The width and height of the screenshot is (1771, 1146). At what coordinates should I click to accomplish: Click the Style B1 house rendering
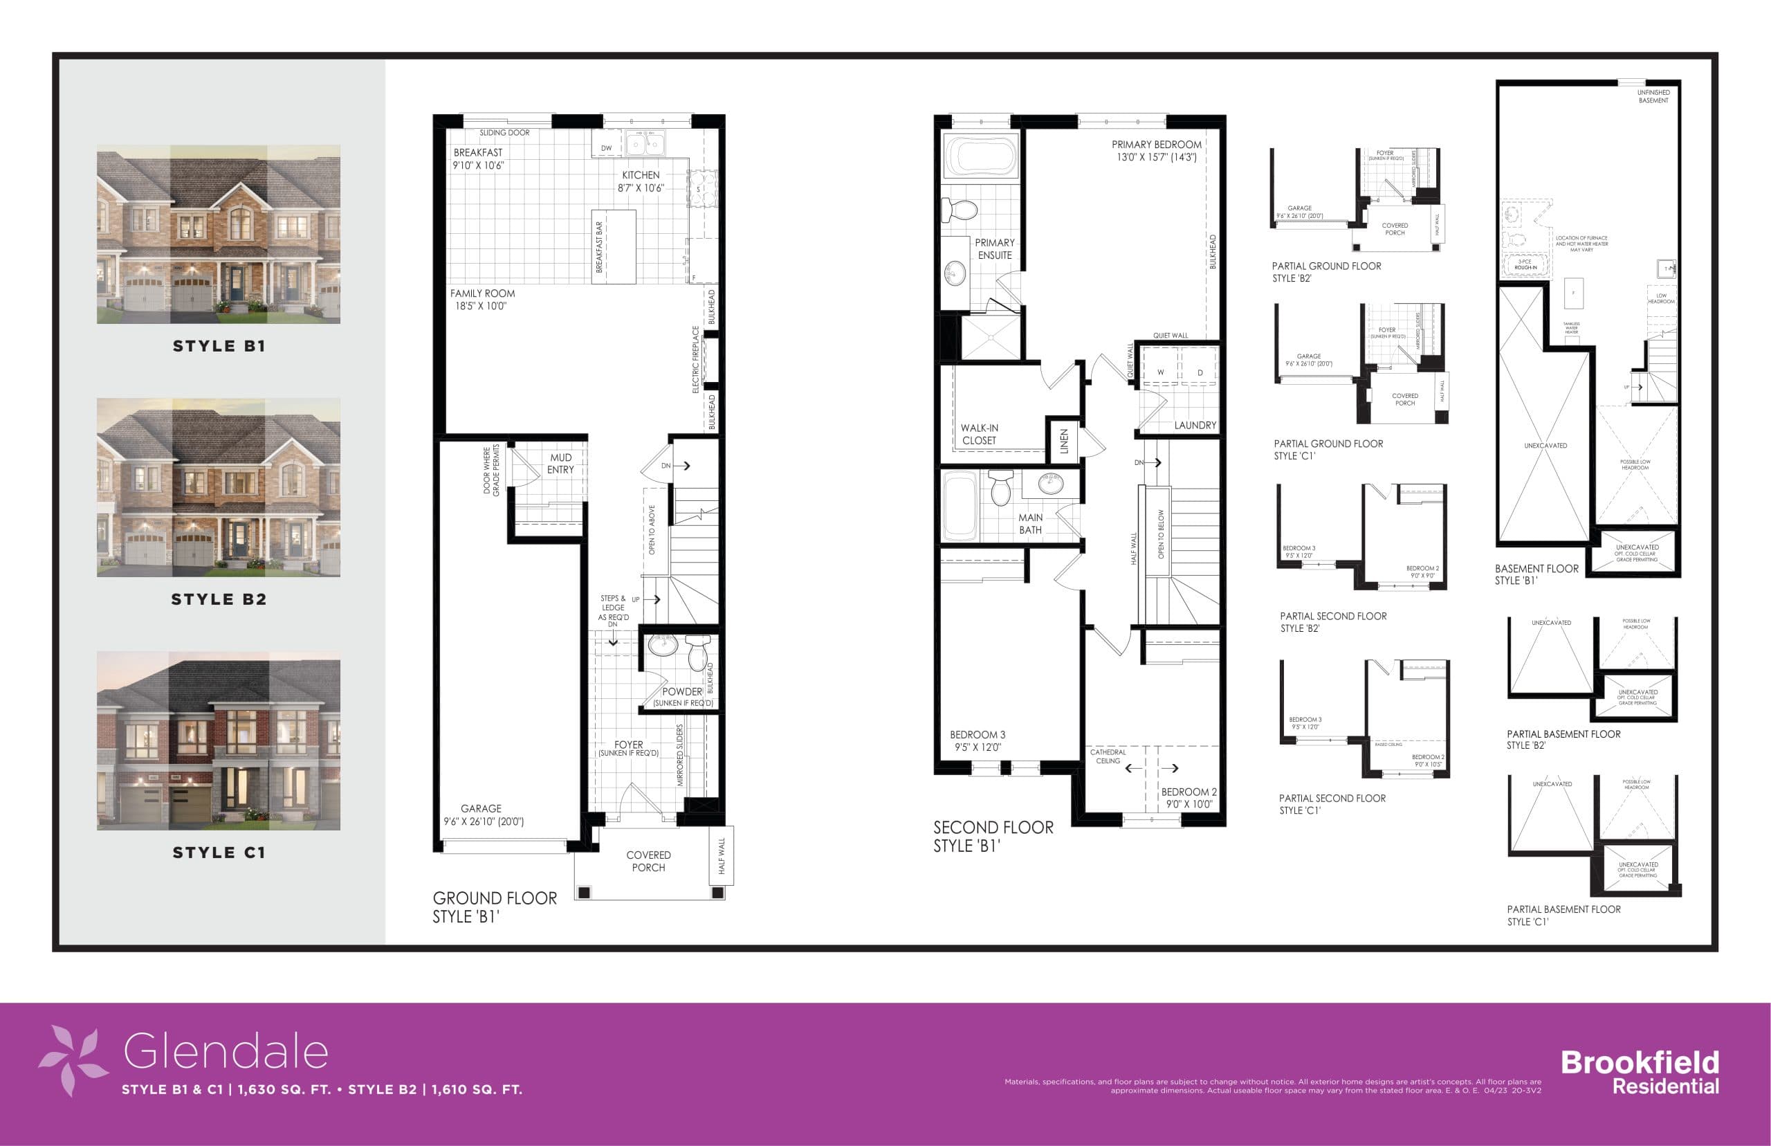click(x=218, y=234)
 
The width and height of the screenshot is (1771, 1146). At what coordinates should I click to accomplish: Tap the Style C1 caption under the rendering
click(x=218, y=853)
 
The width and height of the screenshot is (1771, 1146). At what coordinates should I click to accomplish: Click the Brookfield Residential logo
click(x=1640, y=1071)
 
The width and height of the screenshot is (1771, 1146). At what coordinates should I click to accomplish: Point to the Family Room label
click(x=482, y=299)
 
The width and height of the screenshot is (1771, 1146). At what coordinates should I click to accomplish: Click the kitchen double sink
click(x=645, y=142)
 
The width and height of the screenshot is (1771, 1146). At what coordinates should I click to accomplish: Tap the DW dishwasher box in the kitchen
click(x=606, y=148)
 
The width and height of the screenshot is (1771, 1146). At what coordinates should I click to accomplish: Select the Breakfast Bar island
click(x=614, y=246)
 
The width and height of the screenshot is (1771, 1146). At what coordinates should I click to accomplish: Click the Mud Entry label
click(x=561, y=464)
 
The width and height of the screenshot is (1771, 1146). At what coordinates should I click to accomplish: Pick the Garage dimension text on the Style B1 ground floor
click(x=484, y=821)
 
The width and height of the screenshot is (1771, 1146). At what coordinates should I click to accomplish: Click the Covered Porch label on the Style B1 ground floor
click(x=648, y=861)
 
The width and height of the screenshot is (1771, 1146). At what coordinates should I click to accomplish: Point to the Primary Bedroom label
click(x=1156, y=150)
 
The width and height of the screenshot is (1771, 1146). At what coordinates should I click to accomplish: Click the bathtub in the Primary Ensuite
click(x=979, y=157)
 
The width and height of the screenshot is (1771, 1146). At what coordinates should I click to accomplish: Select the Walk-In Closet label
click(x=979, y=434)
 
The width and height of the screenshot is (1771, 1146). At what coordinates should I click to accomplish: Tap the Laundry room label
click(x=1195, y=426)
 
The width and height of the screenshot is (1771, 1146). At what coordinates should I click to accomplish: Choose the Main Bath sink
click(x=1050, y=483)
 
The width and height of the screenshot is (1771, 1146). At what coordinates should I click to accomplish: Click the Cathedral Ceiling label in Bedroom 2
click(x=1108, y=756)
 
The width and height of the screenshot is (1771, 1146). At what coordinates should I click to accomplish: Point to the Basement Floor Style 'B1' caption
click(x=1536, y=574)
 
